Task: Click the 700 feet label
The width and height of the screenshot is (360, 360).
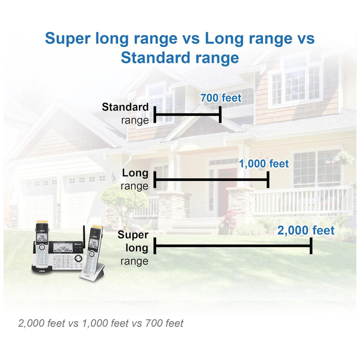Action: tap(221, 98)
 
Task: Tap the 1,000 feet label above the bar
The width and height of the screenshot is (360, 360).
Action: tap(264, 164)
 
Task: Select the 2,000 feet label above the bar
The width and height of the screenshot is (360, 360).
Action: tap(306, 230)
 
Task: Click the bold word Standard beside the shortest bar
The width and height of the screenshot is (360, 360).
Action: tap(125, 107)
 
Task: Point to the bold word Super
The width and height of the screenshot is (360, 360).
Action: tap(133, 235)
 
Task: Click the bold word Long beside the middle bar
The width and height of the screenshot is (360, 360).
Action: tap(135, 173)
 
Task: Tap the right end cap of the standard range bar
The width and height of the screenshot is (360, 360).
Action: tap(220, 114)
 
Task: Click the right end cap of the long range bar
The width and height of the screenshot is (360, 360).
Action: tap(268, 180)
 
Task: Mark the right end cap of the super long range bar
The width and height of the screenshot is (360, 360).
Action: tap(311, 246)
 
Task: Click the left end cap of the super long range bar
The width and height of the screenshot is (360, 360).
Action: tap(155, 246)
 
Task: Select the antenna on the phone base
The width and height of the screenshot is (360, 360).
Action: tap(84, 237)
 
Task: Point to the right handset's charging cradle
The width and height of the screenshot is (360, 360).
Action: tap(93, 273)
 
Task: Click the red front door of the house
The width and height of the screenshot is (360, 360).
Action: tap(228, 190)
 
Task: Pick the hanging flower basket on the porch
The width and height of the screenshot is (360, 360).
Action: tap(343, 158)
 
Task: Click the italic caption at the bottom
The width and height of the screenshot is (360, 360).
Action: tap(101, 323)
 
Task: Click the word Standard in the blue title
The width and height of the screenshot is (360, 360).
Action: tap(154, 58)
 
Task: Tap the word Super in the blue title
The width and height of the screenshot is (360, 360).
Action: tap(68, 39)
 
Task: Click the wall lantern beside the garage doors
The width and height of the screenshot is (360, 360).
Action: tap(113, 177)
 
